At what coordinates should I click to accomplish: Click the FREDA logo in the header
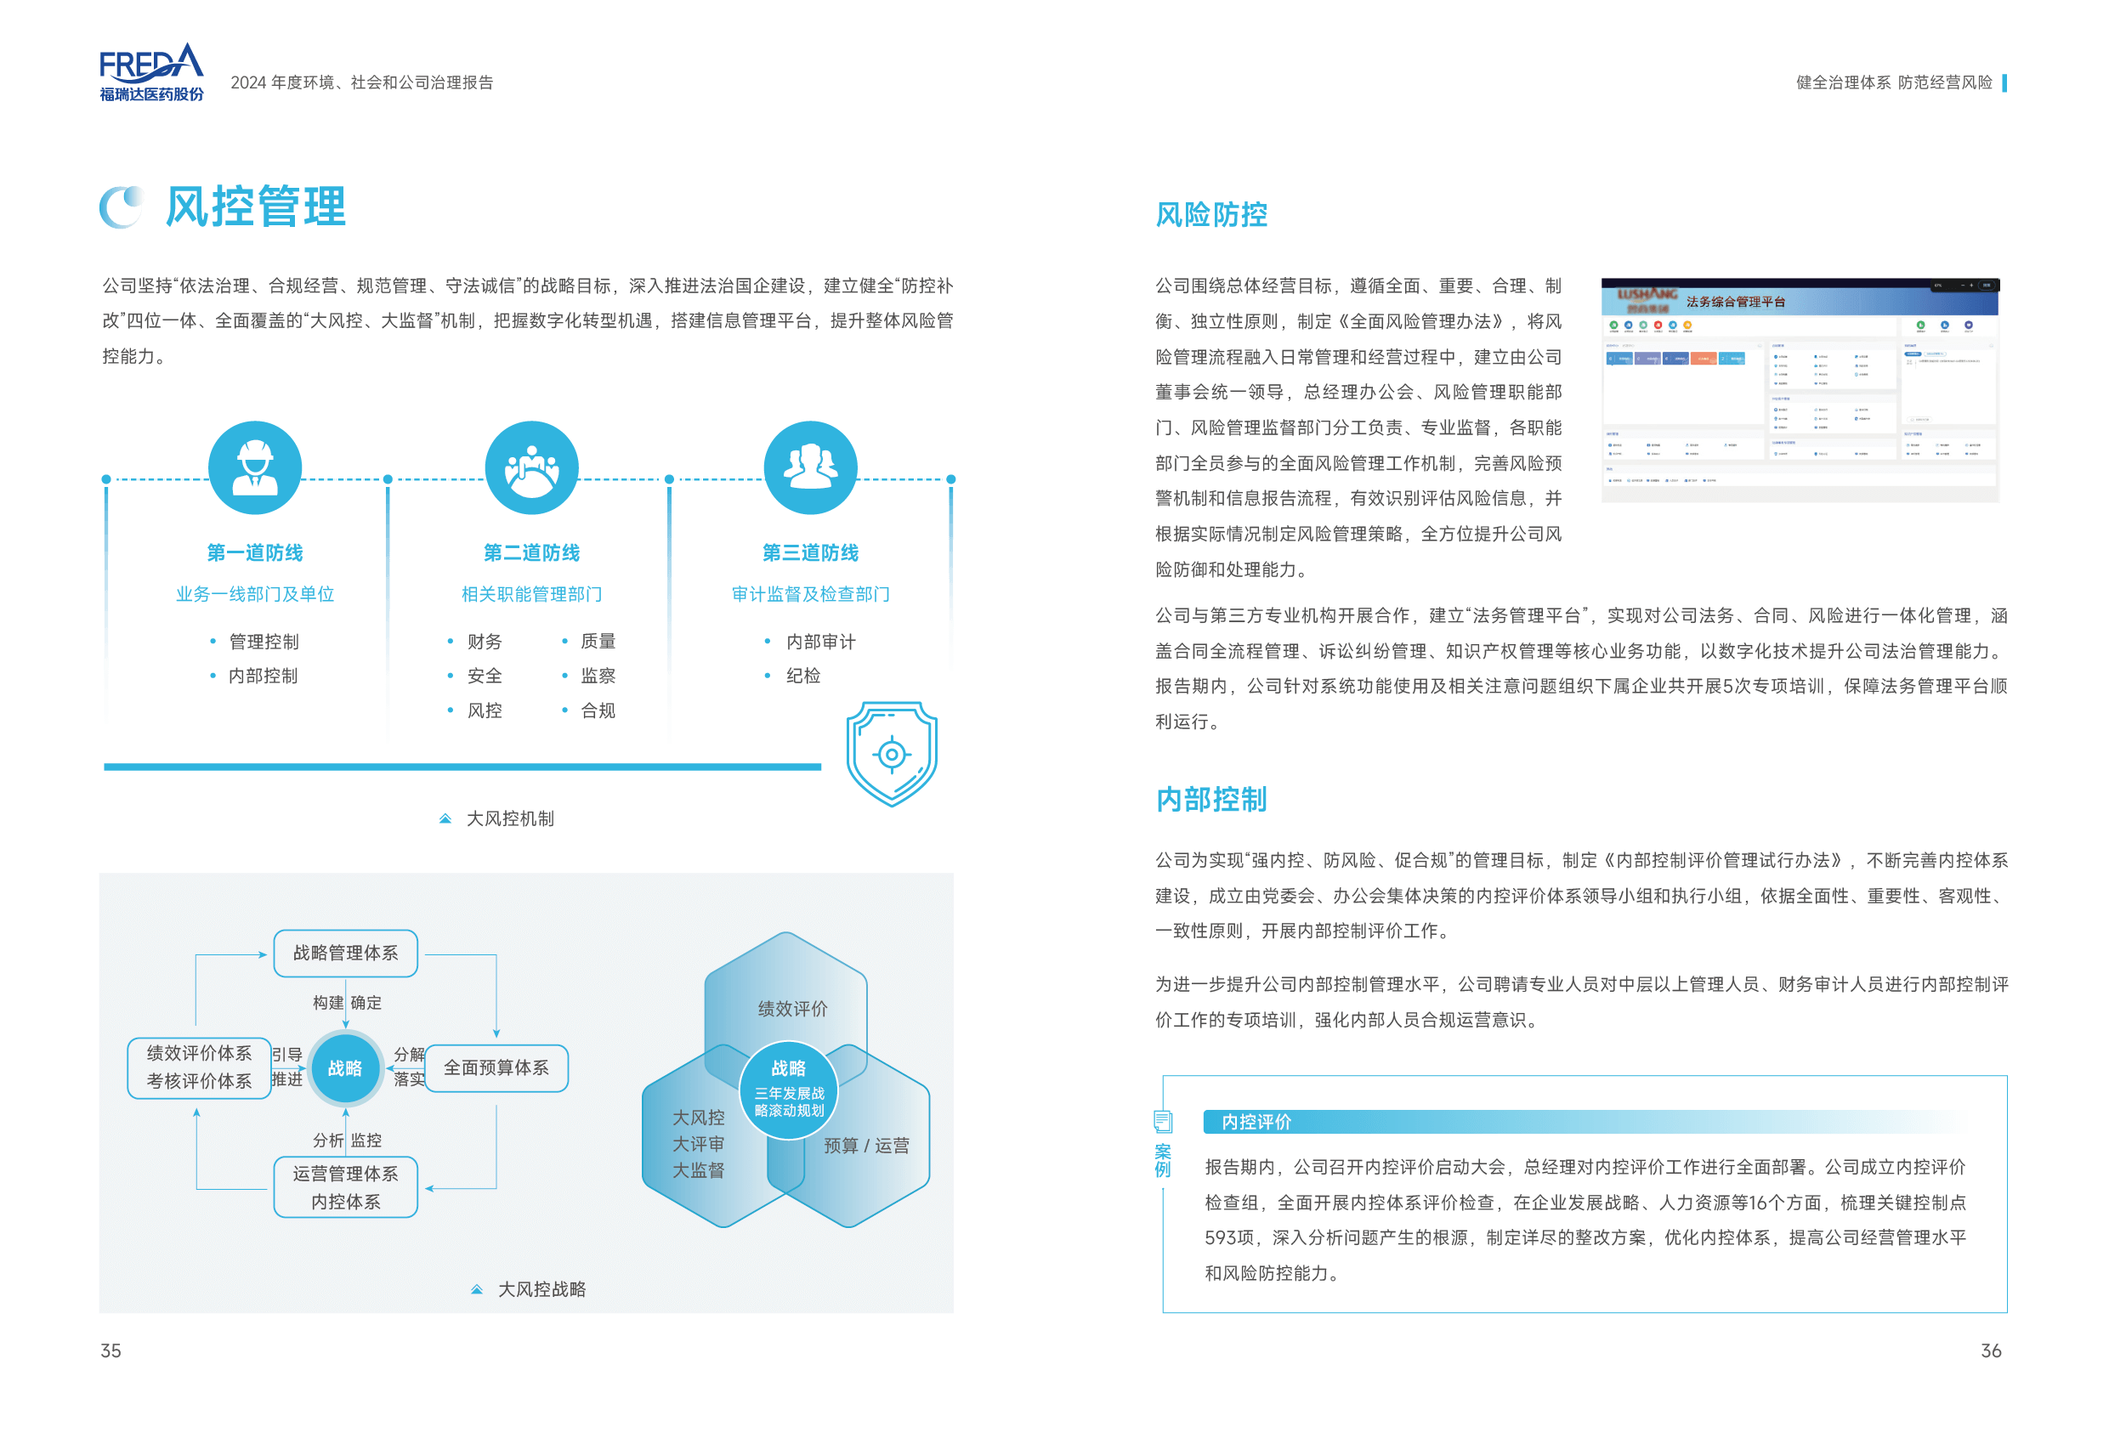pos(151,71)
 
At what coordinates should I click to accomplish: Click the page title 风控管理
pos(255,206)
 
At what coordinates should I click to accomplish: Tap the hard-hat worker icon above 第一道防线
pos(255,467)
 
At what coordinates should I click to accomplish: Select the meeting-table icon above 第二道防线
pos(532,467)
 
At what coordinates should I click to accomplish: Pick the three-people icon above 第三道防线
pos(809,467)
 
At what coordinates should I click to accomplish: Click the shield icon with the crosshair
pos(891,753)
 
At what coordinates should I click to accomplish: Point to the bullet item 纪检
pos(802,676)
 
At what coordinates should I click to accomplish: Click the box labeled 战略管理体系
pos(345,953)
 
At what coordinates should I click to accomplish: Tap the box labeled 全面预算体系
pos(496,1068)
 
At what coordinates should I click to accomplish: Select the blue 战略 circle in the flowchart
pos(345,1068)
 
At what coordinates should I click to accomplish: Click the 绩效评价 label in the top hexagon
pos(792,1008)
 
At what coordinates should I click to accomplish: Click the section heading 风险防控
pos(1210,215)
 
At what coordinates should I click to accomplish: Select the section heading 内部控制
pos(1210,800)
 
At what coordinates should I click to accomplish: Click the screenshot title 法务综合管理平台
pos(1735,303)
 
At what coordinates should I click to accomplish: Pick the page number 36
pos(1990,1351)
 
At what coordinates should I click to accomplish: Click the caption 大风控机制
pos(509,818)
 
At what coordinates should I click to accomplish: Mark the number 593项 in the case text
pos(1230,1237)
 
